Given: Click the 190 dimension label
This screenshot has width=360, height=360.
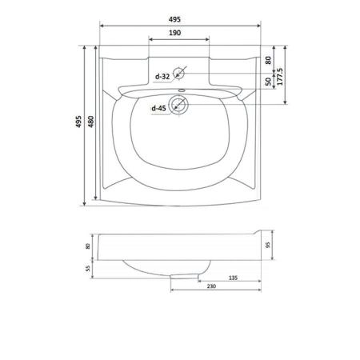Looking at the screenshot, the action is click(x=174, y=33).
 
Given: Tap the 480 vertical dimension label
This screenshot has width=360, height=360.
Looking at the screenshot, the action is click(x=91, y=122).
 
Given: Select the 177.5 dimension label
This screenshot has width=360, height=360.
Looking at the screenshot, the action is click(x=280, y=77).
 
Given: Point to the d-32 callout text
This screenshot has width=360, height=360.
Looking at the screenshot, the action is click(x=162, y=77).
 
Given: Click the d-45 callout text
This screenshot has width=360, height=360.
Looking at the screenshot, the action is click(x=158, y=108).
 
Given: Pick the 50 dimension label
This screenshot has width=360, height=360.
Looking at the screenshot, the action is click(x=268, y=82).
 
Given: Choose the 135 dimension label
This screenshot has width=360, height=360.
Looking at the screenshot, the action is click(x=233, y=278).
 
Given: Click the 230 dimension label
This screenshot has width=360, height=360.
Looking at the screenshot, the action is click(x=211, y=286).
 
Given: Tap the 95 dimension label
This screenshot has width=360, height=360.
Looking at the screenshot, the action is click(x=268, y=245).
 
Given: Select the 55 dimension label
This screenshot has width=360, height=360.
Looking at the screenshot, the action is click(x=88, y=269).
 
